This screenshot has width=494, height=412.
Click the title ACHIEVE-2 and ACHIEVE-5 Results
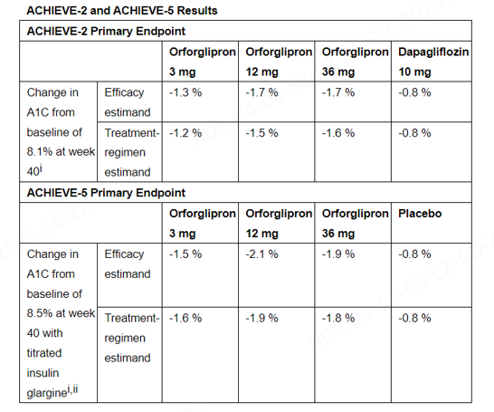pyautogui.click(x=122, y=10)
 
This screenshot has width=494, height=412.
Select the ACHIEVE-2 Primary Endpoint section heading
pyautogui.click(x=106, y=31)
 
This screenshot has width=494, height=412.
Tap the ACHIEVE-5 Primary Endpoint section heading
pyautogui.click(x=106, y=193)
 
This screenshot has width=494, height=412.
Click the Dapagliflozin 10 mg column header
pyautogui.click(x=433, y=62)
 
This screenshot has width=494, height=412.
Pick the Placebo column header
pyautogui.click(x=420, y=214)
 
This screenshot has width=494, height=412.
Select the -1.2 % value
pyautogui.click(x=185, y=133)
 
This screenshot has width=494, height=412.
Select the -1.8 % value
pyautogui.click(x=338, y=318)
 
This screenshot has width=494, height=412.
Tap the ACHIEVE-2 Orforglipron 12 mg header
pyautogui.click(x=279, y=62)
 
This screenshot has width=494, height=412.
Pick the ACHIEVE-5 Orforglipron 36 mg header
pyautogui.click(x=355, y=223)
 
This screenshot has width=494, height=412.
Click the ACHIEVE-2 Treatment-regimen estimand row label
pyautogui.click(x=132, y=152)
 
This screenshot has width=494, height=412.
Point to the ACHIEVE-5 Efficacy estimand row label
pyautogui.click(x=128, y=264)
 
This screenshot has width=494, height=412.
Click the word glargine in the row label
pyautogui.click(x=47, y=393)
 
